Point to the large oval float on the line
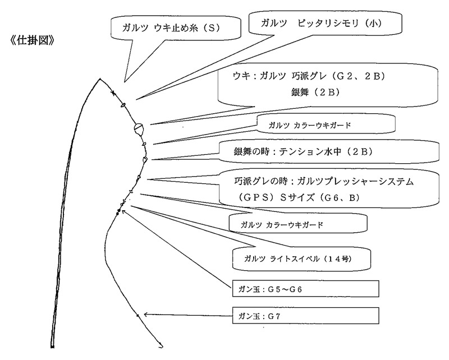[x=138, y=129]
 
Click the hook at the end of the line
[x=161, y=344]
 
